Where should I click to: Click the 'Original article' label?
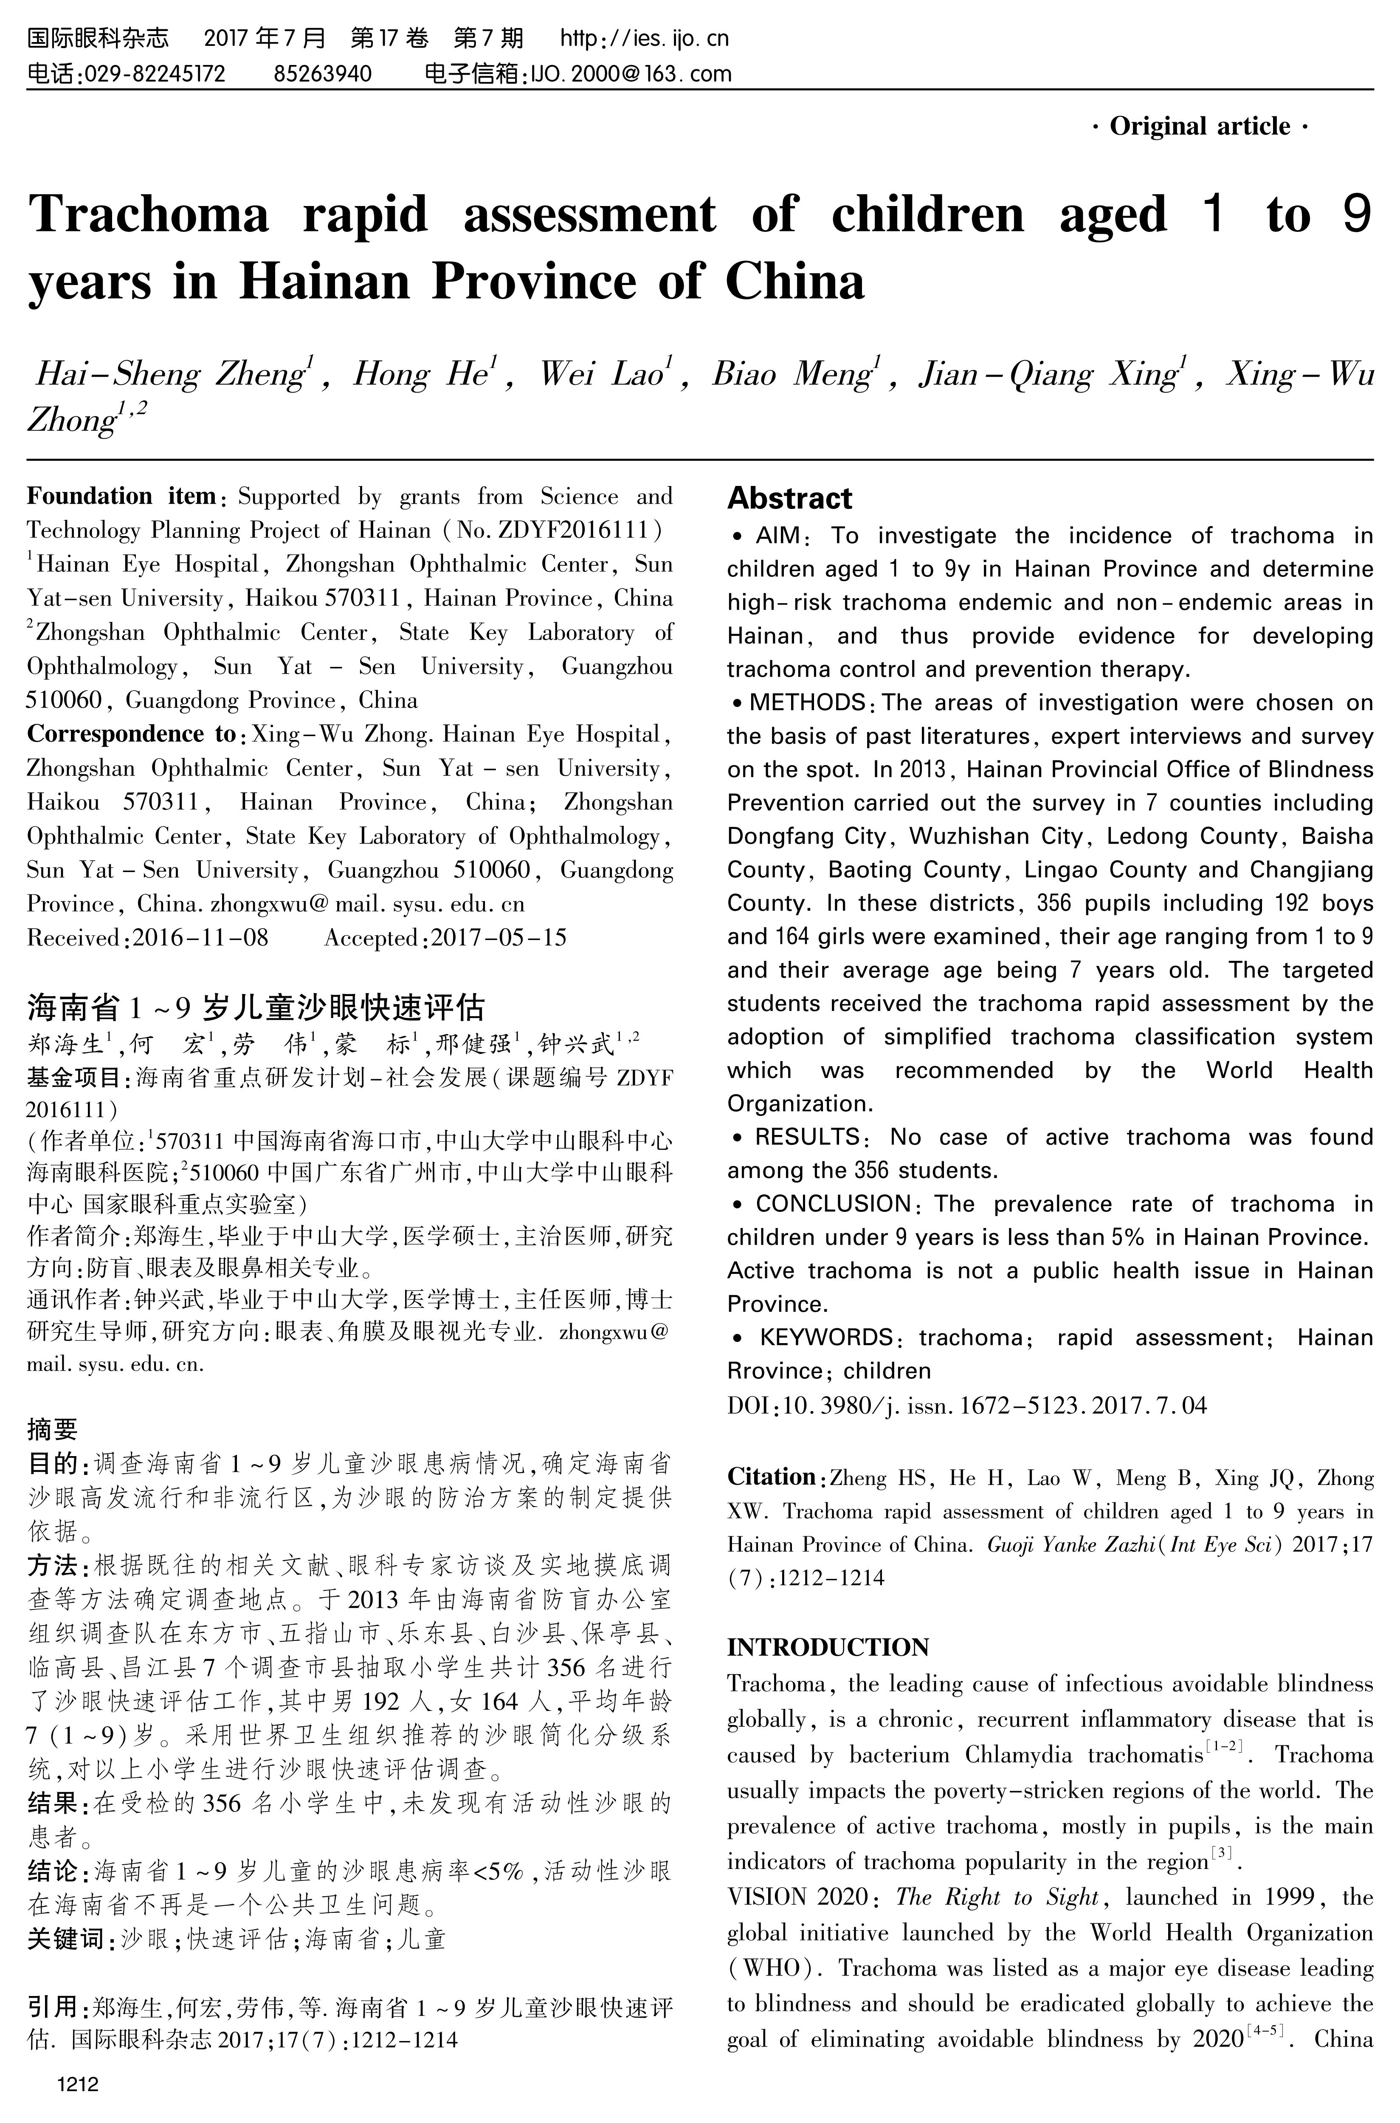[x=1200, y=127]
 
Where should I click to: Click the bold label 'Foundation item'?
[x=121, y=497]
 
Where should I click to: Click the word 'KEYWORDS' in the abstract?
[x=826, y=1338]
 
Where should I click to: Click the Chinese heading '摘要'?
[x=53, y=1430]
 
